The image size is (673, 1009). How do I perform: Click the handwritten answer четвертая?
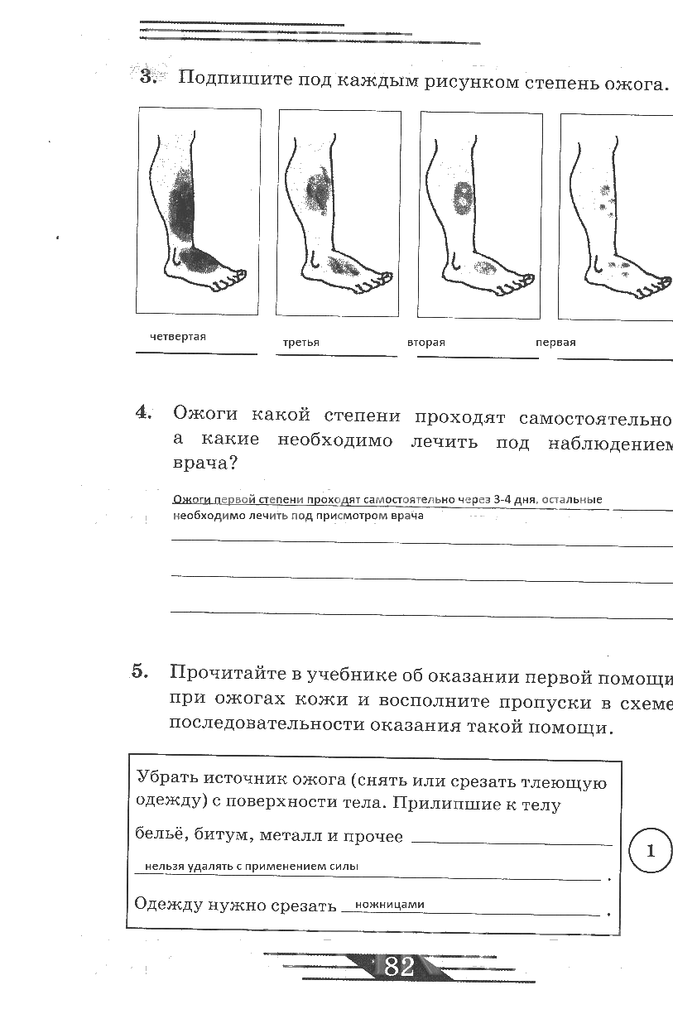pyautogui.click(x=177, y=337)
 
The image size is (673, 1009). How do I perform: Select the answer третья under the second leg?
pyautogui.click(x=301, y=343)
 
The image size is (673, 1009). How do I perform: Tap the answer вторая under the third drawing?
pyautogui.click(x=425, y=343)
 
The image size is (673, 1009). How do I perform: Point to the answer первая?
pyautogui.click(x=555, y=343)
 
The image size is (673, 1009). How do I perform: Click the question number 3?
pyautogui.click(x=147, y=76)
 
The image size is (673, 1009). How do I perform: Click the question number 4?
pyautogui.click(x=143, y=412)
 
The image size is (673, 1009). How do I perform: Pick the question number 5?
pyautogui.click(x=140, y=671)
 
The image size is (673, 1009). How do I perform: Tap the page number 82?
pyautogui.click(x=399, y=966)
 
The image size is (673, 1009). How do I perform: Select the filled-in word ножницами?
pyautogui.click(x=390, y=904)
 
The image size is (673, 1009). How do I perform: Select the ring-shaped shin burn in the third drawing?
pyautogui.click(x=463, y=197)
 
